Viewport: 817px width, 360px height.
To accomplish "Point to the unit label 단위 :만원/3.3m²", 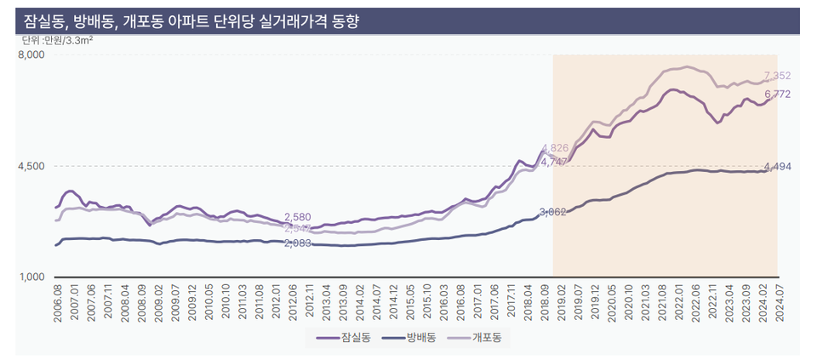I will (57, 40).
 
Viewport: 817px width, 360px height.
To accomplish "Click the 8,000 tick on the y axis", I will (31, 55).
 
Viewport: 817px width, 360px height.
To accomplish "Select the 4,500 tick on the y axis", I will (31, 166).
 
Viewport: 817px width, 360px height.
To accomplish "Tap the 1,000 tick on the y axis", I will (31, 277).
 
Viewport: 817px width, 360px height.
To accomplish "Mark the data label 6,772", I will (778, 94).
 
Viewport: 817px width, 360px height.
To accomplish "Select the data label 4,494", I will (778, 166).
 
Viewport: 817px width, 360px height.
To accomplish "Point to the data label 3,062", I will (553, 211).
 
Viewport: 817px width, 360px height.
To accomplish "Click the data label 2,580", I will (297, 217).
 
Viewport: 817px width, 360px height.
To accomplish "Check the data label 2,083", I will (297, 243).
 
